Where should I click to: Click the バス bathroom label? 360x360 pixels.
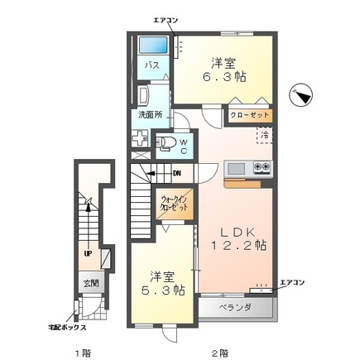(x=153, y=65)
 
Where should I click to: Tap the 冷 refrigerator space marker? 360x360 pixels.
(x=265, y=134)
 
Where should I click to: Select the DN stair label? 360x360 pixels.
(x=176, y=173)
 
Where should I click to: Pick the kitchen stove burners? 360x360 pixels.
(x=262, y=168)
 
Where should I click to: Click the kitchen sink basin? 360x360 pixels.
(x=237, y=169)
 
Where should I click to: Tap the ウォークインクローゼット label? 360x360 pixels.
(x=175, y=204)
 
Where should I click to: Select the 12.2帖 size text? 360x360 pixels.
(x=238, y=246)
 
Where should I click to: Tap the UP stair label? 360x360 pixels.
(x=86, y=254)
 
